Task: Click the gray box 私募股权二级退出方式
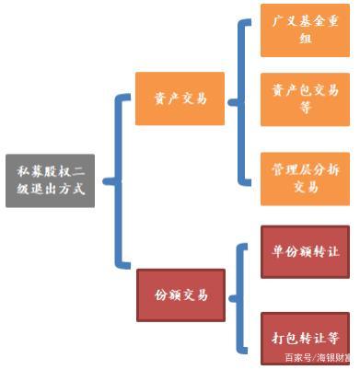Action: [50, 179]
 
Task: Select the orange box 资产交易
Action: [180, 98]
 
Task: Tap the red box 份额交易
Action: [180, 295]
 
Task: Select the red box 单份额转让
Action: [305, 251]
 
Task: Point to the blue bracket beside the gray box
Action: [118, 180]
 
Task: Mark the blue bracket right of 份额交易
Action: [242, 296]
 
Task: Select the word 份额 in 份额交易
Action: [165, 295]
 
